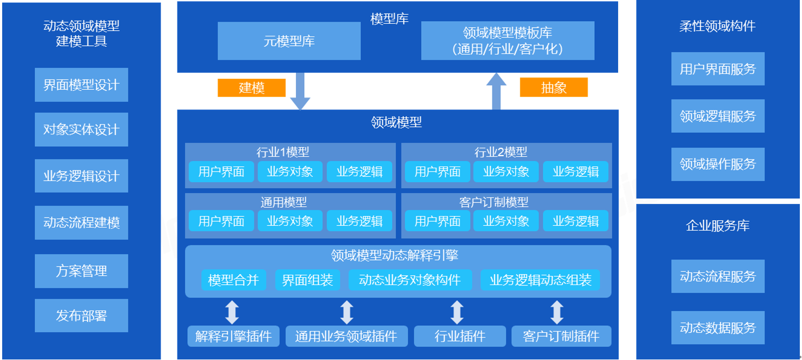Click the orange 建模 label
coord(251,88)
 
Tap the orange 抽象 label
coord(553,88)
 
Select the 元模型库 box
coord(289,41)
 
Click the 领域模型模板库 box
coord(507,41)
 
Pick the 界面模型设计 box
coord(81,85)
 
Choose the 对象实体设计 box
coord(81,129)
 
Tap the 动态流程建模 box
coord(81,222)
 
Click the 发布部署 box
coord(81,315)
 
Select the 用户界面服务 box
coord(718,69)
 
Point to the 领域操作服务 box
coord(718,164)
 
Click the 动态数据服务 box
coord(718,328)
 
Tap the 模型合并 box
coord(233,280)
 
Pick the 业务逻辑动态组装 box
coord(540,280)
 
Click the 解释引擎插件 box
coord(233,336)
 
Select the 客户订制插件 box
coord(561,336)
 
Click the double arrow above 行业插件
coord(457,312)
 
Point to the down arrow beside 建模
coord(300,91)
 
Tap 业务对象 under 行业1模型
coord(290,172)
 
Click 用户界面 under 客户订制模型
coord(437,221)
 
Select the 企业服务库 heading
coord(718,226)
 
